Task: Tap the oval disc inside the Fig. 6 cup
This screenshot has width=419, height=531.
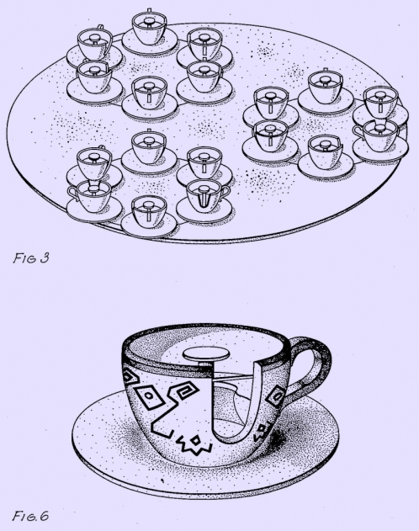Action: (x=206, y=355)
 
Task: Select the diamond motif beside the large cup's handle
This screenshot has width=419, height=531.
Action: (x=275, y=396)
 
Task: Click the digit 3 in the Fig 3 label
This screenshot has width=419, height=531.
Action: (x=45, y=258)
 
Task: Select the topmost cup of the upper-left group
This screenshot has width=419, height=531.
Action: (x=149, y=28)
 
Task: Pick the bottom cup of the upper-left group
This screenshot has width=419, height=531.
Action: (x=149, y=93)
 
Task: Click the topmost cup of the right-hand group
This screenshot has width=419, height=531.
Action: (x=326, y=87)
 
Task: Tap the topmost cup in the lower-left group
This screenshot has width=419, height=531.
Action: (x=149, y=146)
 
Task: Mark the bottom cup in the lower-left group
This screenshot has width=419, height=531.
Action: (x=149, y=211)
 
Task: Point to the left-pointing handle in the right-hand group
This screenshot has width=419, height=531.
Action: (x=358, y=132)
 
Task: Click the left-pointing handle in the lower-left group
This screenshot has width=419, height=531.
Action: (x=72, y=193)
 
